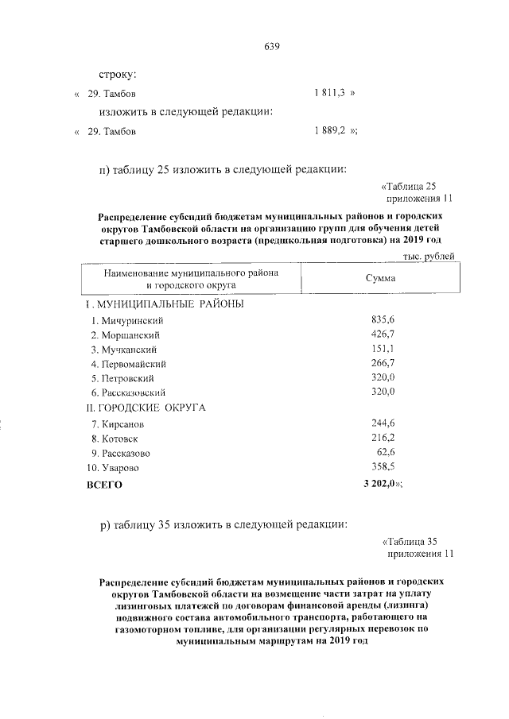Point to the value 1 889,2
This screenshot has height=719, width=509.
(330, 131)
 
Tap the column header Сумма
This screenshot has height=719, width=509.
(379, 279)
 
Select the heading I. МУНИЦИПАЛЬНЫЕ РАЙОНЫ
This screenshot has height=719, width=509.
(165, 304)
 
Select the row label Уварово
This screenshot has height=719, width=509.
(118, 468)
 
